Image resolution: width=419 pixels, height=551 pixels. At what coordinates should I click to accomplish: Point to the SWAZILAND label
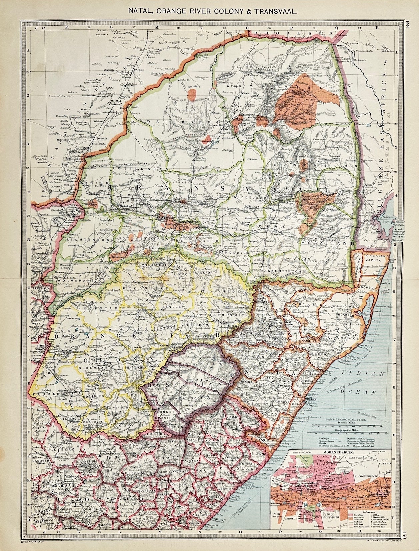(x=326, y=244)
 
